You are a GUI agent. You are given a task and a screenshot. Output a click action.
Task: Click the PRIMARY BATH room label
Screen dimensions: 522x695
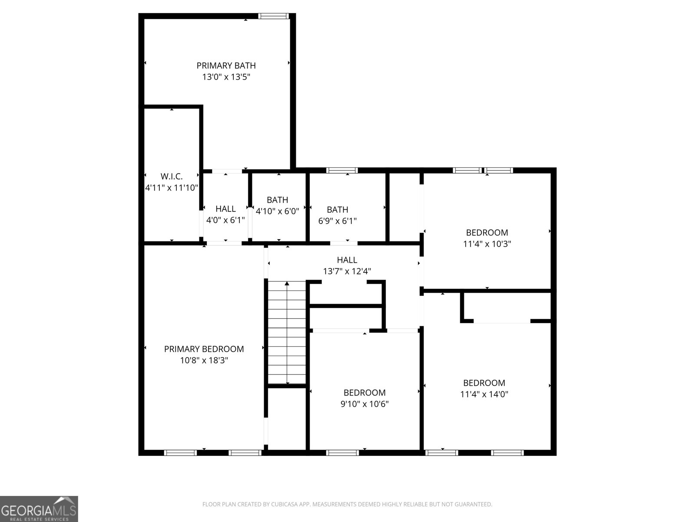tap(226, 66)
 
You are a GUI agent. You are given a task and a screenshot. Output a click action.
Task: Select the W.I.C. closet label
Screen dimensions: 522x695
tap(171, 176)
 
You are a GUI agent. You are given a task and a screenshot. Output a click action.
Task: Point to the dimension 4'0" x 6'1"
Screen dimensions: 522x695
tap(225, 220)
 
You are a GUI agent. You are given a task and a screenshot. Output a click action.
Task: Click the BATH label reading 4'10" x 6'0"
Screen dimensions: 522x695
tap(277, 200)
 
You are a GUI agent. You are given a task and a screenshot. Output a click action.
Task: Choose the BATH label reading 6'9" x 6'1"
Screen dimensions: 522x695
tap(337, 210)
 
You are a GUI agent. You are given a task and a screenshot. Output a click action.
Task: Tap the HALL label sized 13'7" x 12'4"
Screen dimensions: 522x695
tap(347, 260)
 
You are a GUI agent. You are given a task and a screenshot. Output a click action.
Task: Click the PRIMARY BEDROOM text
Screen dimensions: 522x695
tap(204, 349)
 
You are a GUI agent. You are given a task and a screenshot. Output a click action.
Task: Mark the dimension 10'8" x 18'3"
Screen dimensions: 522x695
tap(204, 361)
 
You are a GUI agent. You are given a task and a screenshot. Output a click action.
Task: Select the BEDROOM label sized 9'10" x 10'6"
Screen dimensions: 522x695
tap(364, 393)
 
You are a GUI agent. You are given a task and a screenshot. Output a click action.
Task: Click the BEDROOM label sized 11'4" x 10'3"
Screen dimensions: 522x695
tap(486, 233)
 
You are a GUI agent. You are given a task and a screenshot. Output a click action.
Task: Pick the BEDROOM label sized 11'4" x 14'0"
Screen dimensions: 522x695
tap(484, 383)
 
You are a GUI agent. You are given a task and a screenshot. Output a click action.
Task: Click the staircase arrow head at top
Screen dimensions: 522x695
tap(287, 284)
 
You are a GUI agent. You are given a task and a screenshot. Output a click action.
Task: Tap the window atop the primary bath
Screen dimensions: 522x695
tap(273, 16)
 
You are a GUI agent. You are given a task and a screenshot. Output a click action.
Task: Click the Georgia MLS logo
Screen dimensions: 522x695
tap(39, 509)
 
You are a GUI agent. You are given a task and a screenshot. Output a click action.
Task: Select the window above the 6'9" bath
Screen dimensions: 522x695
tap(342, 170)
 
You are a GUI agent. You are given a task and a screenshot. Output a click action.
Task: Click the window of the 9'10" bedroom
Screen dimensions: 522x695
tap(342, 453)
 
